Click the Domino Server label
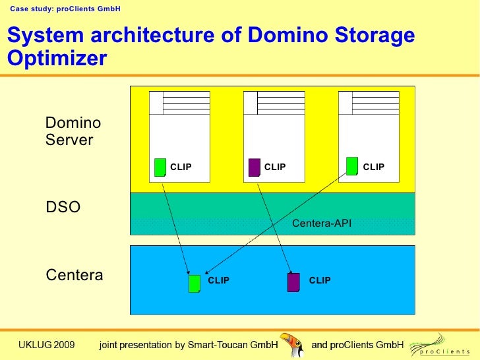click(x=73, y=131)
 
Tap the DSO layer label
click(x=63, y=208)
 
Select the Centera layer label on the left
click(x=75, y=275)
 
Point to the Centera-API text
click(x=321, y=224)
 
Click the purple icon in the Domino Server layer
click(x=254, y=167)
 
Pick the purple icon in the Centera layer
click(x=293, y=282)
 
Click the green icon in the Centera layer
click(x=195, y=283)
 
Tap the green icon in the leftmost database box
click(x=160, y=167)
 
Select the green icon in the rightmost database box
click(x=352, y=167)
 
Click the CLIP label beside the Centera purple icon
click(x=320, y=281)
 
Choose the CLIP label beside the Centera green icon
click(x=219, y=281)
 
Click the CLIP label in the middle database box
click(x=275, y=167)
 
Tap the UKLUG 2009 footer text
click(x=46, y=344)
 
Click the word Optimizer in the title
click(x=56, y=58)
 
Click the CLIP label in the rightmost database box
click(x=373, y=167)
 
